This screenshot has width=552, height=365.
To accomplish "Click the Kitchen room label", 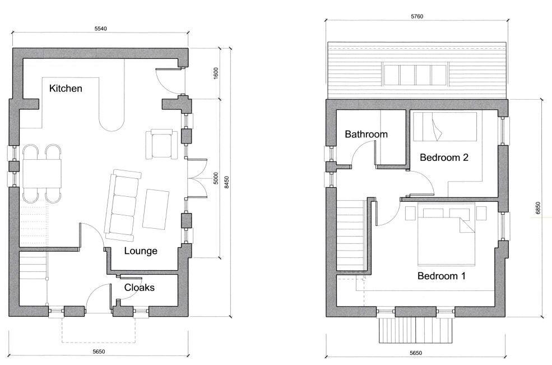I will point(66,89).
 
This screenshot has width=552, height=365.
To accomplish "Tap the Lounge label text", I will point(141,251).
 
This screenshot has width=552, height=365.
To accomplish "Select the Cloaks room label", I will point(139,288).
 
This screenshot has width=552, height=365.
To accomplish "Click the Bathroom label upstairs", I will point(366,135).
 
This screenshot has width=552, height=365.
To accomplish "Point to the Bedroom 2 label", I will point(444,158).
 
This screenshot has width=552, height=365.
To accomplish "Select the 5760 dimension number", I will point(416,16).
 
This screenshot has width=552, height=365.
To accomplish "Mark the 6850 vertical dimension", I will point(539,207).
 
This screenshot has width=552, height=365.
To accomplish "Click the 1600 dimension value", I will point(216,73).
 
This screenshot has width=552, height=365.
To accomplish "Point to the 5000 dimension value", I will point(216,178).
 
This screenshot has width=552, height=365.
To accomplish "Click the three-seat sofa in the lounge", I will point(123,204).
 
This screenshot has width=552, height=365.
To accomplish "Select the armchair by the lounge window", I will point(162,143).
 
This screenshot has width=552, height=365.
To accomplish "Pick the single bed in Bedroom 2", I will point(445,126).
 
